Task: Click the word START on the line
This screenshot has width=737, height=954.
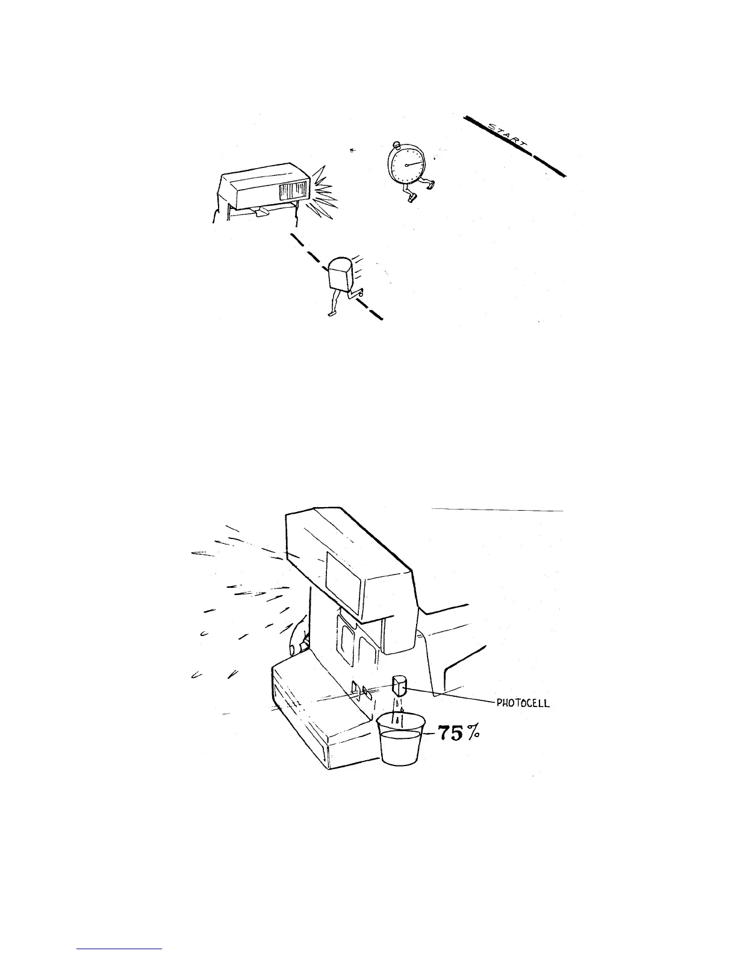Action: [507, 137]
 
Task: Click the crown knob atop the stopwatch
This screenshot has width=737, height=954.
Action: [396, 145]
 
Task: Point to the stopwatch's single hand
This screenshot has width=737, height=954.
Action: [414, 162]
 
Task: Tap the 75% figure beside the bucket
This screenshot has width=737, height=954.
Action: [457, 735]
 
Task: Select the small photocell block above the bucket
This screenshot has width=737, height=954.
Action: [399, 685]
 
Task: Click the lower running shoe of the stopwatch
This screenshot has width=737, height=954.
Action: [411, 198]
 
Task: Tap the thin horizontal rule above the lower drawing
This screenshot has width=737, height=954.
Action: [497, 510]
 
